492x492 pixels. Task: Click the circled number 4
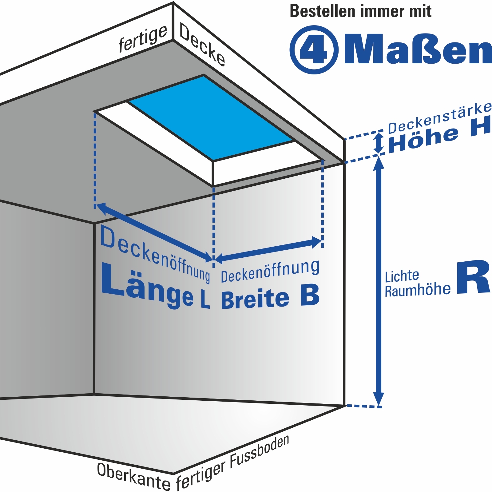314,50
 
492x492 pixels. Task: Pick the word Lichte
402,276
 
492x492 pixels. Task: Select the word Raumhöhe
418,290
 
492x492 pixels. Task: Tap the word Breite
255,299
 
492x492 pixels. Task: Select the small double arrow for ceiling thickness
379,143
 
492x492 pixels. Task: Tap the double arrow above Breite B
268,250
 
